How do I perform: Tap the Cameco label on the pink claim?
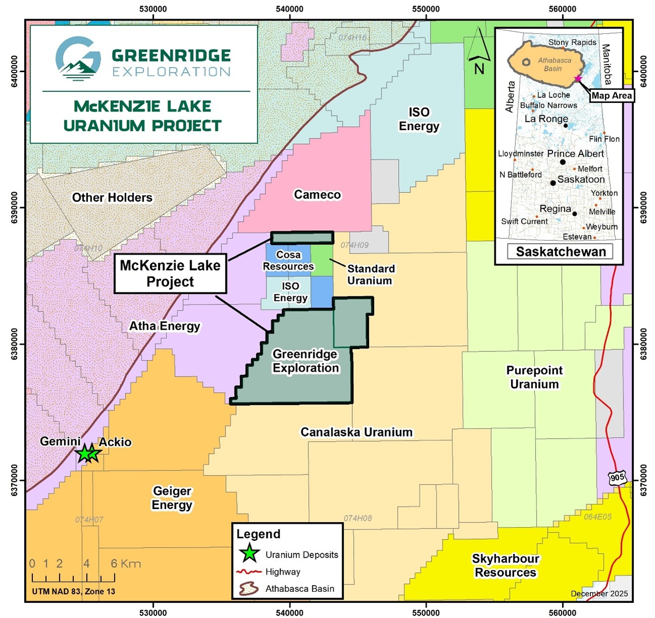(x=317, y=194)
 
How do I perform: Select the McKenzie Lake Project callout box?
(x=170, y=274)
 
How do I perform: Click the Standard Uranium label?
(x=370, y=275)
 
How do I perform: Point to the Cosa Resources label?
(x=288, y=261)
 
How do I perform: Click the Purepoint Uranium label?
(x=534, y=377)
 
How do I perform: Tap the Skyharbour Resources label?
(x=505, y=565)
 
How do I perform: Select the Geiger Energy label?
(x=172, y=498)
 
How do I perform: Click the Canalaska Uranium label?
(x=356, y=432)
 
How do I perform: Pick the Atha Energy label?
(x=165, y=326)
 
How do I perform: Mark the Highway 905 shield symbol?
(x=617, y=478)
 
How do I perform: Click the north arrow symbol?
(x=478, y=50)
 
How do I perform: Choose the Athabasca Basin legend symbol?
(x=248, y=589)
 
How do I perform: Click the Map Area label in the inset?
(x=612, y=95)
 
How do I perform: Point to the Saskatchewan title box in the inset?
(x=560, y=251)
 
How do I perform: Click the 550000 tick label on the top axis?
(x=426, y=9)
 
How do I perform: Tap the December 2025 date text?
(x=599, y=593)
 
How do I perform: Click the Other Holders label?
(x=112, y=197)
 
